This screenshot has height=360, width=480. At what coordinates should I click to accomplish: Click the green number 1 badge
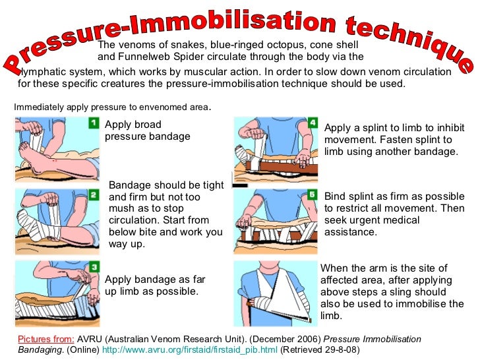pyautogui.click(x=94, y=123)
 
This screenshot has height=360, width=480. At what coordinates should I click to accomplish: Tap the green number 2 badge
pyautogui.click(x=94, y=195)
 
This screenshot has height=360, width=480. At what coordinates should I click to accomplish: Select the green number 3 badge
pyautogui.click(x=94, y=267)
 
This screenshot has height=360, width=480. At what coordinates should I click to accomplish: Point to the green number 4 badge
pyautogui.click(x=313, y=123)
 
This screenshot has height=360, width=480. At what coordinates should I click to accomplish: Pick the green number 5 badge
pyautogui.click(x=312, y=195)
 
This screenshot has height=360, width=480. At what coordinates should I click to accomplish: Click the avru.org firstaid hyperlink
pyautogui.click(x=189, y=349)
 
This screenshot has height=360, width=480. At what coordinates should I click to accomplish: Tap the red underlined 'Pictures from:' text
pyautogui.click(x=46, y=339)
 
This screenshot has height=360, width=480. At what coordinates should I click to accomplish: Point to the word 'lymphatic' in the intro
pyautogui.click(x=40, y=72)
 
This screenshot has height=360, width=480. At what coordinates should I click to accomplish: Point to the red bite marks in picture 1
pyautogui.click(x=55, y=160)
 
